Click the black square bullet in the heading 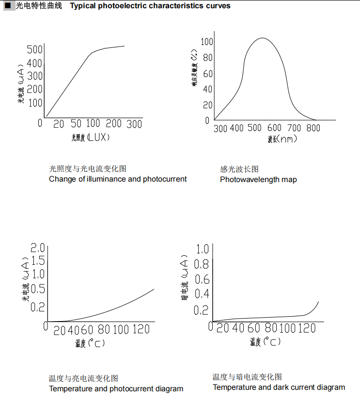[7, 6]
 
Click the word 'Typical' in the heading [83, 6]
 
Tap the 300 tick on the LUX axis [134, 124]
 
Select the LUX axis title [92, 138]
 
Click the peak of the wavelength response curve [262, 38]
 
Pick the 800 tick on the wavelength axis [313, 128]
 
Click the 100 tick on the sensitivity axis [207, 42]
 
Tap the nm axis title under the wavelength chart [282, 139]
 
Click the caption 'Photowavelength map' [258, 179]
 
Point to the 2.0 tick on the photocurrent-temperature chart [38, 248]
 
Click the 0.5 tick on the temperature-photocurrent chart [38, 289]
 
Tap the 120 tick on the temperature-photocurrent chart [141, 330]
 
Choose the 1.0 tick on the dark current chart [202, 249]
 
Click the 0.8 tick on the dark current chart [202, 264]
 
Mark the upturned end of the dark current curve [318, 302]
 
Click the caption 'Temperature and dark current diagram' [279, 387]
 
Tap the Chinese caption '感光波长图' [239, 169]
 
